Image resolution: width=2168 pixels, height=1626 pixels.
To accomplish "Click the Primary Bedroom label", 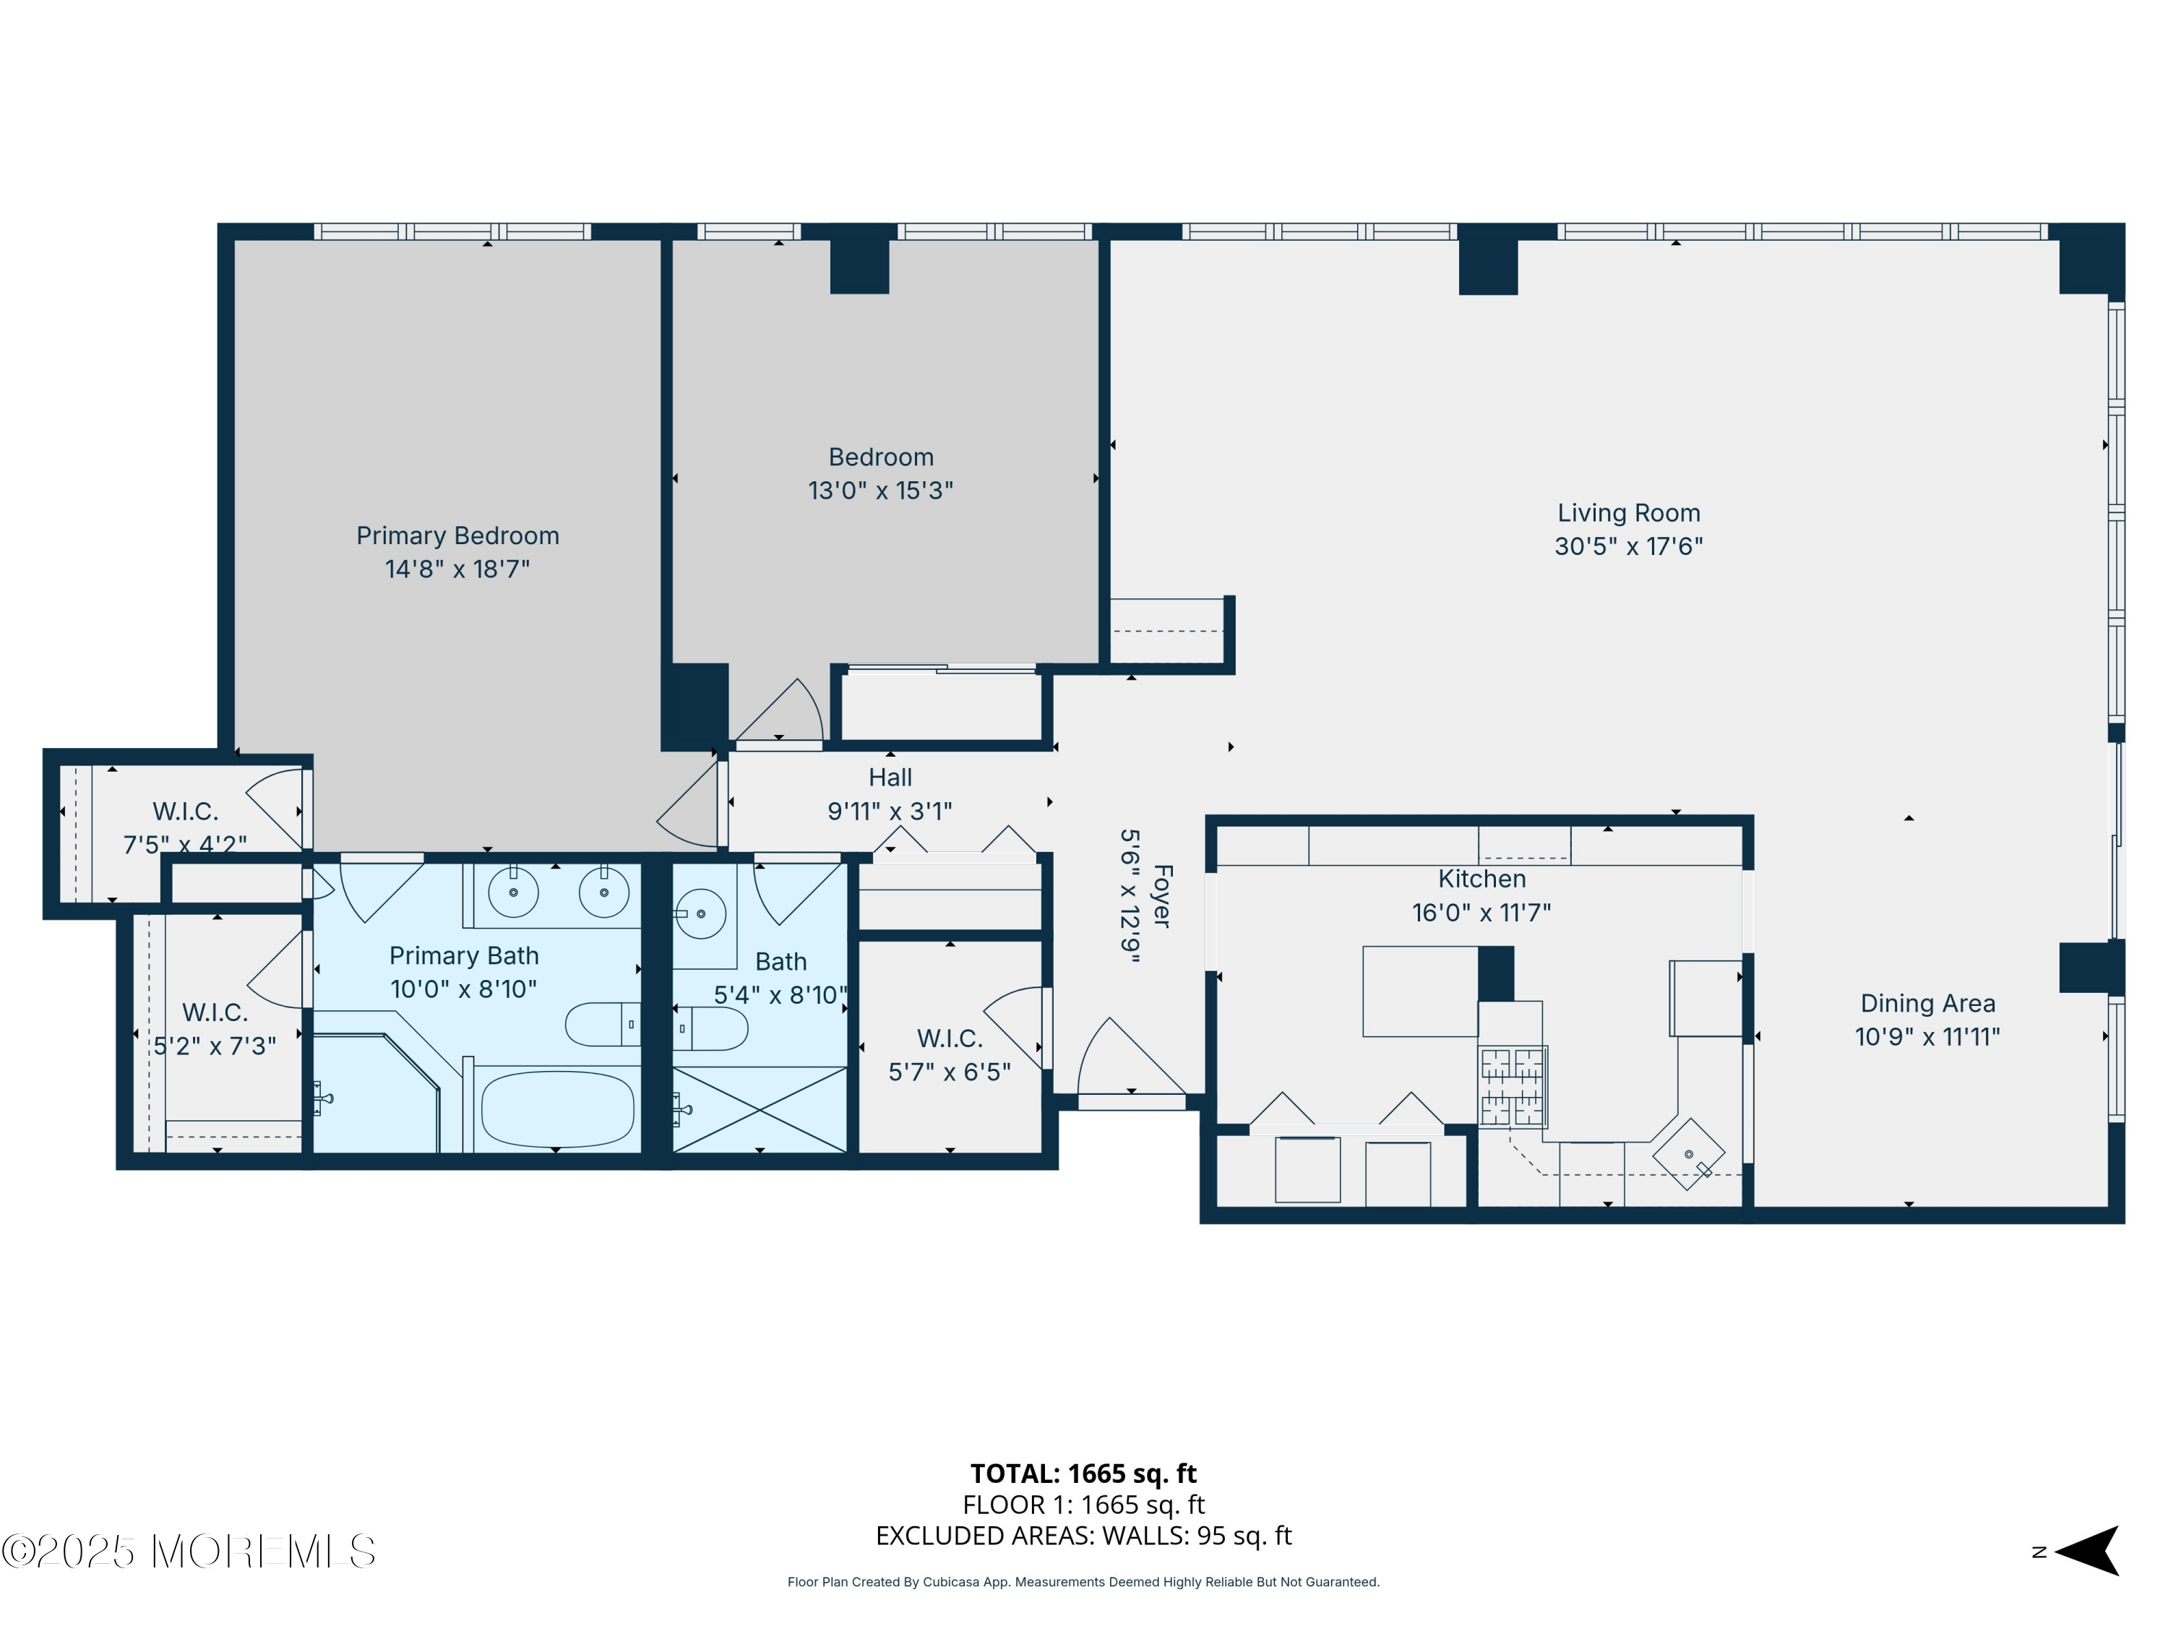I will (457, 535).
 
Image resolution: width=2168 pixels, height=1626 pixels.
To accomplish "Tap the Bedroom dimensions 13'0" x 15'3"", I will (880, 490).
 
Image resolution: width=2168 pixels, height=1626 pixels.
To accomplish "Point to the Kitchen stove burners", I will (1513, 1086).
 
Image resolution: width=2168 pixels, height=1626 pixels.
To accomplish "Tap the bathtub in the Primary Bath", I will (556, 1109).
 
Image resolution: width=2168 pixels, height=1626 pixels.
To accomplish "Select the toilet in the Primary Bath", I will (602, 1024).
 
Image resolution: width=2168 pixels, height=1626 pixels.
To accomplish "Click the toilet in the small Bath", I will (710, 1029).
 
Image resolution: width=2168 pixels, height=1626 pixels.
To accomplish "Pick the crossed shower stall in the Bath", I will (760, 1109).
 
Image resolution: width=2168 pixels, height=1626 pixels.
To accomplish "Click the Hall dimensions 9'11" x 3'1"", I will (889, 812).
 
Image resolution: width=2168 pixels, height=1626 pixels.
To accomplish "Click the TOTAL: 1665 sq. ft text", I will (1083, 1473).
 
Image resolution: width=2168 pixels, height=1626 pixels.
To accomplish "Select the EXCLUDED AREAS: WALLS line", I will (1083, 1536).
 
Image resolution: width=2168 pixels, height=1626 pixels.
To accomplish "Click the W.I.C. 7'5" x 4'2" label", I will (184, 827).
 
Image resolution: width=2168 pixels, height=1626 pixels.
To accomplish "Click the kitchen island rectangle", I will (1419, 991).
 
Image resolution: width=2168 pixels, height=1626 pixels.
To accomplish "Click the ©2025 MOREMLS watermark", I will (188, 1552).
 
